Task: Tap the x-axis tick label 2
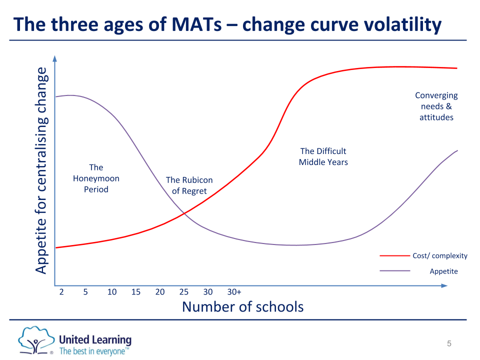click(x=61, y=292)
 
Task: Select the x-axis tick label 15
click(x=136, y=292)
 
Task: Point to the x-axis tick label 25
click(x=184, y=292)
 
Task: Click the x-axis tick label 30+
click(x=234, y=292)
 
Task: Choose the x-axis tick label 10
click(x=112, y=292)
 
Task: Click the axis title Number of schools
click(x=242, y=306)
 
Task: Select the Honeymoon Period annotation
click(x=96, y=178)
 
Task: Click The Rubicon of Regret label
click(x=189, y=185)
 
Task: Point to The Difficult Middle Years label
click(x=323, y=156)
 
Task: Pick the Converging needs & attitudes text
click(x=436, y=106)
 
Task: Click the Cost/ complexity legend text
click(x=440, y=255)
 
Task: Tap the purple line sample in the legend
click(x=395, y=271)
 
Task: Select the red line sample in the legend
click(x=395, y=255)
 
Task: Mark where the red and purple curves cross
click(x=184, y=213)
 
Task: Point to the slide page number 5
click(x=449, y=343)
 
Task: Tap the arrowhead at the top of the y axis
click(x=54, y=58)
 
